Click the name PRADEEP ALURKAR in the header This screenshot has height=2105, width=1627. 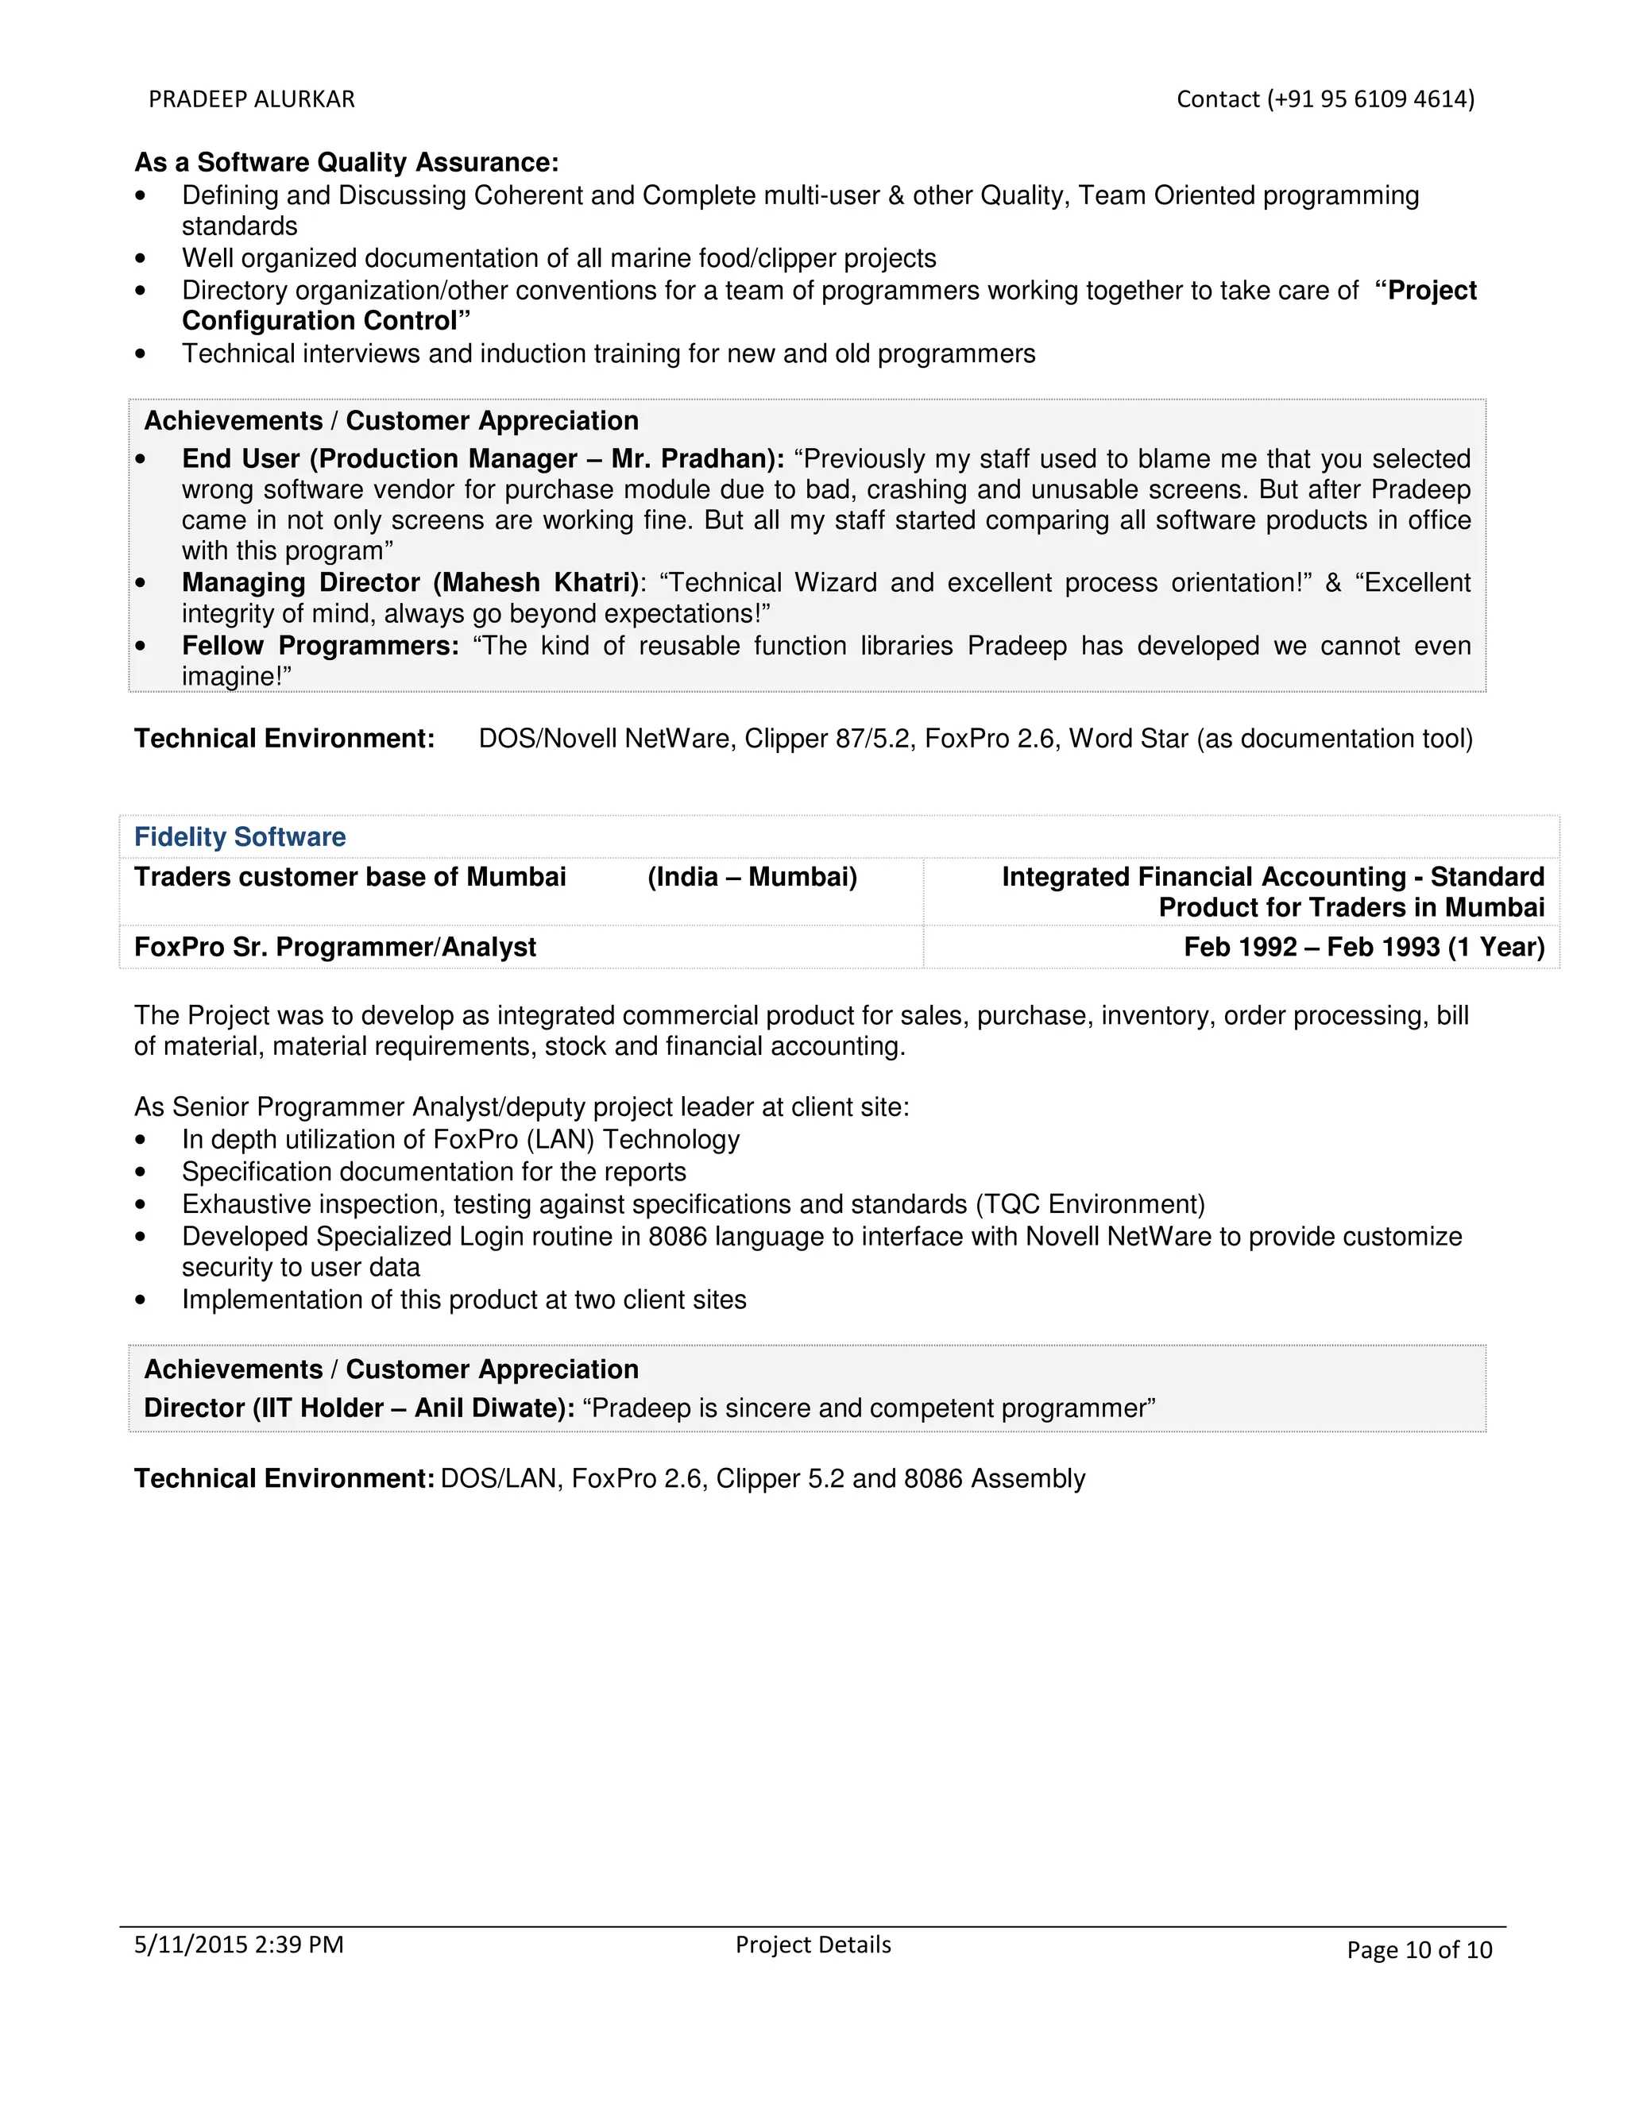click(252, 99)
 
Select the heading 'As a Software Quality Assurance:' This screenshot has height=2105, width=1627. click(346, 162)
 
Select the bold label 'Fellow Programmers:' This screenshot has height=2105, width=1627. click(320, 646)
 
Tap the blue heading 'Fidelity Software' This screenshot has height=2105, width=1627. click(239, 836)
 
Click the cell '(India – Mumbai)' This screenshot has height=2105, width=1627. click(752, 877)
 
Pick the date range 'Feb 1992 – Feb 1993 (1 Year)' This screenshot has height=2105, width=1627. click(1363, 948)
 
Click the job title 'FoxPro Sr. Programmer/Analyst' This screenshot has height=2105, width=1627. click(334, 948)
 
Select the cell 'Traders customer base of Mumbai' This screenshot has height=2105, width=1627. click(350, 877)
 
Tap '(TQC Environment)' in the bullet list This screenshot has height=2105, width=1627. click(1089, 1205)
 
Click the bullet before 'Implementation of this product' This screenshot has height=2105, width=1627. click(141, 1300)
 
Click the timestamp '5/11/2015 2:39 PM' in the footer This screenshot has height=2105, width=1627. click(238, 1945)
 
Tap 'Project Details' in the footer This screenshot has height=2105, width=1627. click(813, 1945)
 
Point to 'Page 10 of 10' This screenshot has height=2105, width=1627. click(1419, 1951)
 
